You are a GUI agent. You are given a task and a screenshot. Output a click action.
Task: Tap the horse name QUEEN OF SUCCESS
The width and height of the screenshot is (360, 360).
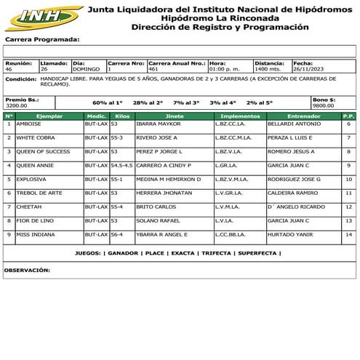point(43,151)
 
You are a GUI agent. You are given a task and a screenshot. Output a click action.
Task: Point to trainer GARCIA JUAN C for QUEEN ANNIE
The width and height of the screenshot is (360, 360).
point(289,165)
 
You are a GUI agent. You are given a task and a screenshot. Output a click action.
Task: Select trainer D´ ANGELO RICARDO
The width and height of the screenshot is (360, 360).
point(297,207)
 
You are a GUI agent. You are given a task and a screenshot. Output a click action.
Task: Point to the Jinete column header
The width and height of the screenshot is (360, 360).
point(175,116)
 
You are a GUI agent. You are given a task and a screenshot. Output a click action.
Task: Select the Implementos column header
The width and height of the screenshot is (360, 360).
point(240,116)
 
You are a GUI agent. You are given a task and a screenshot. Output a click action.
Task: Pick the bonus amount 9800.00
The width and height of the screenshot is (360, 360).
point(323,105)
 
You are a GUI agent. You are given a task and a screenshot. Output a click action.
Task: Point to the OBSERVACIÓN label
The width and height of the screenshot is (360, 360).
point(27,269)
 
